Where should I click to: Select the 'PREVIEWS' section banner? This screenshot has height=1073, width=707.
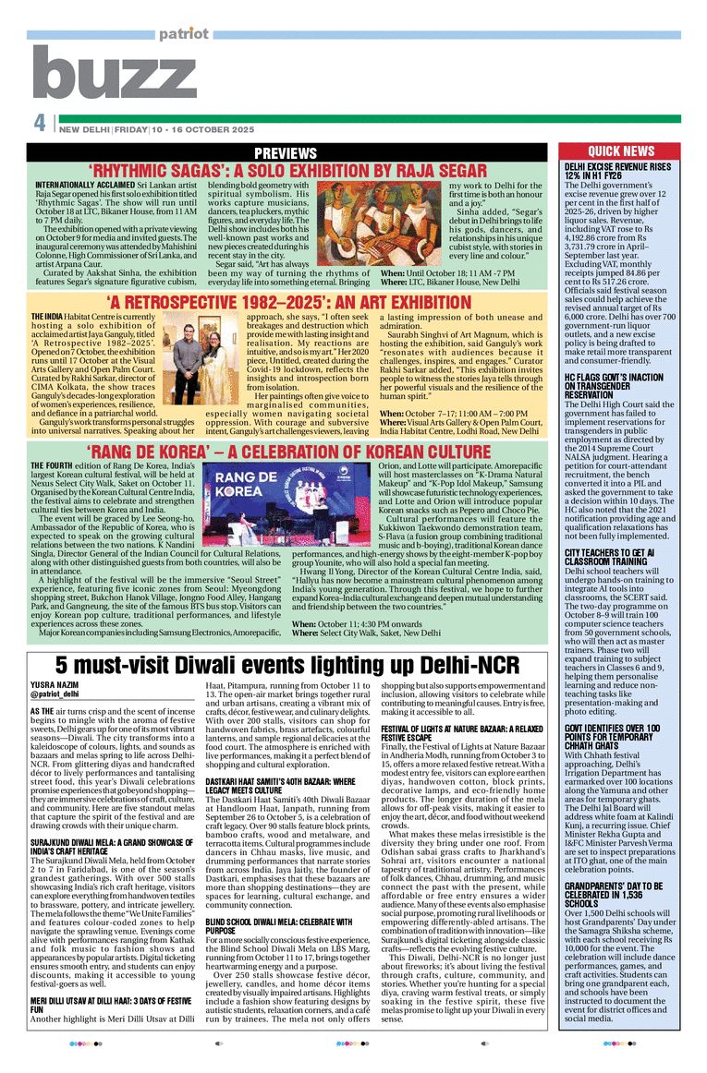point(286,152)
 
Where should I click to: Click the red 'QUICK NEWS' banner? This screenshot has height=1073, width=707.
point(621,151)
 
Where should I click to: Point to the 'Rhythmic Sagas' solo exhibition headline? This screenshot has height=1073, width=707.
point(287,171)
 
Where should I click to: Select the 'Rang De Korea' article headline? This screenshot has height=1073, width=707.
point(286,452)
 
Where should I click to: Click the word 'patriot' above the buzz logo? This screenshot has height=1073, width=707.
point(184,34)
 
